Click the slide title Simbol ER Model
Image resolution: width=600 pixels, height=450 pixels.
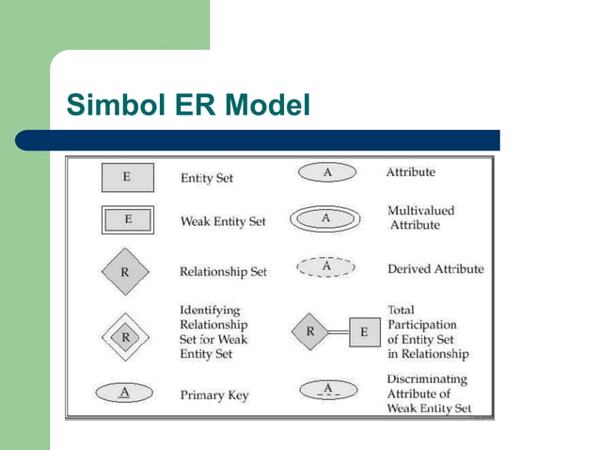188,106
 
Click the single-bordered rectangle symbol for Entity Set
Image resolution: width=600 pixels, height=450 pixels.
127,176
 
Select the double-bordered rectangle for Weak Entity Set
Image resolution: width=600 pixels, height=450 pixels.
127,220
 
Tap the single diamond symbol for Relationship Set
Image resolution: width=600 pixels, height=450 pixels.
125,271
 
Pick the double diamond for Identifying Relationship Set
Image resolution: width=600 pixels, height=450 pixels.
125,336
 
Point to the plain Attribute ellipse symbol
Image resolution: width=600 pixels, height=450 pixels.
327,173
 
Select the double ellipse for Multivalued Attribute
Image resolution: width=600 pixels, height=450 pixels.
326,218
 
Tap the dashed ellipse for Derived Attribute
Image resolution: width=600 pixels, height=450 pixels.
326,267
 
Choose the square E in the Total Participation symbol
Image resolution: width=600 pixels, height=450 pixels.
364,332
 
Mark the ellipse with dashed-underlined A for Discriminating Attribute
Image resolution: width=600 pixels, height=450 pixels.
327,390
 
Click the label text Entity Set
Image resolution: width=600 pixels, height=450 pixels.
206,177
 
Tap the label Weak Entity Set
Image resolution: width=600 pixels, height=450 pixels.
223,221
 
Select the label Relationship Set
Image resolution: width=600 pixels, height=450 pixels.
223,272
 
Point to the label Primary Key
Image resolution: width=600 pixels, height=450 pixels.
214,395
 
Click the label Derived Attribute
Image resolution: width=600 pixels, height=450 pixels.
435,269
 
